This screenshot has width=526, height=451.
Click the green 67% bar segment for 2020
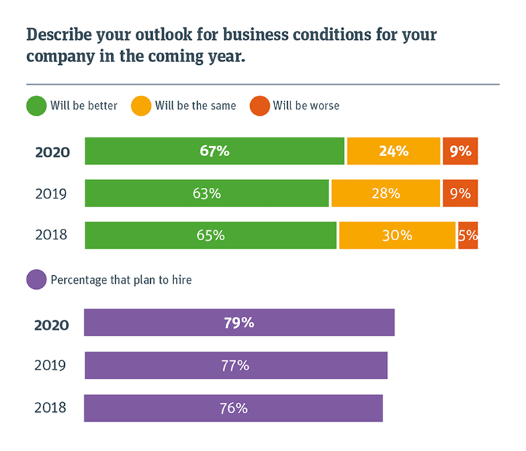(214, 151)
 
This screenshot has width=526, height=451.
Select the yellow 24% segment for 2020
(393, 151)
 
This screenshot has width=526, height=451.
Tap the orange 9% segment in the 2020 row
(460, 151)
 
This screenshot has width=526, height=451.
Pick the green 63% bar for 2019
(206, 193)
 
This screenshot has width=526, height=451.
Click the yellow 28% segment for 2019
(386, 193)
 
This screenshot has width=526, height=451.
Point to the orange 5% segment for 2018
(468, 235)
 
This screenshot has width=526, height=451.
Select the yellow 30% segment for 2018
(397, 235)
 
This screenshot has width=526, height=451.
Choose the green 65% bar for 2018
(210, 235)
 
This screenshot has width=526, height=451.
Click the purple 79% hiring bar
(239, 323)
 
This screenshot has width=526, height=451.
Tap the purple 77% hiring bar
(236, 365)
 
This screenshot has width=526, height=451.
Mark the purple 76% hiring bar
(233, 408)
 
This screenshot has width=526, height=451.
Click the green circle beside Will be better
(36, 106)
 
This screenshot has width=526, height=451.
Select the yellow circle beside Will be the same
(141, 106)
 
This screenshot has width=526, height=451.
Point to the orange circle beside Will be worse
(259, 106)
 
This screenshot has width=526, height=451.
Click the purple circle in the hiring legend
(36, 280)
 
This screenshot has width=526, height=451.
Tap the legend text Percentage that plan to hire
(121, 280)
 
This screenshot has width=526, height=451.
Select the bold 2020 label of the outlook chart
(52, 152)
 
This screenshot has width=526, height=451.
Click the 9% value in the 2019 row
(460, 193)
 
